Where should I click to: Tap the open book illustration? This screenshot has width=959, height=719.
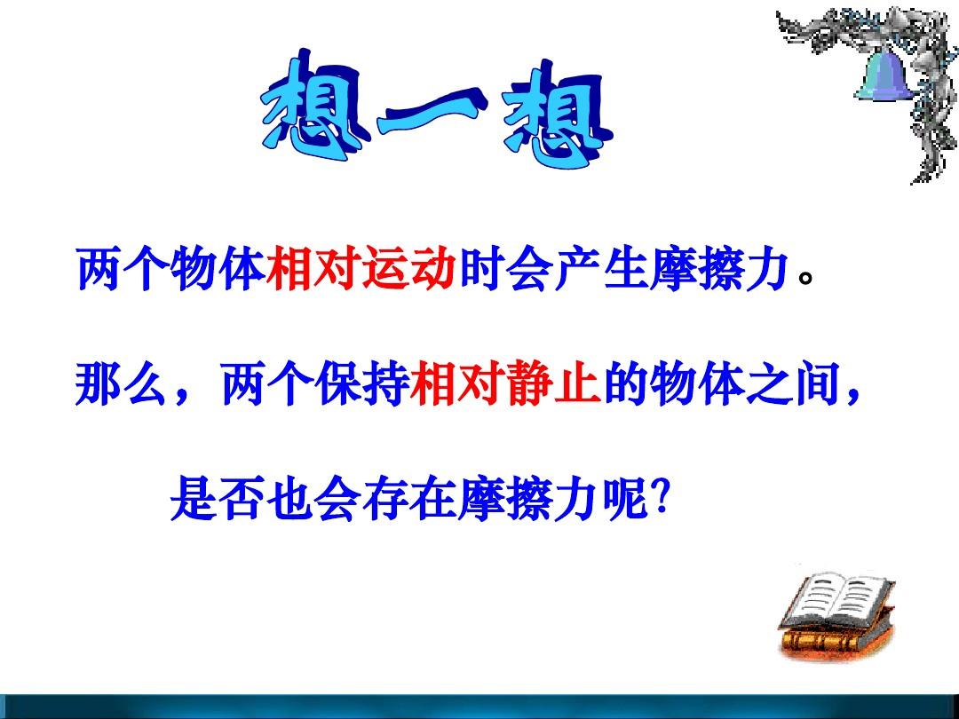[x=836, y=614]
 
